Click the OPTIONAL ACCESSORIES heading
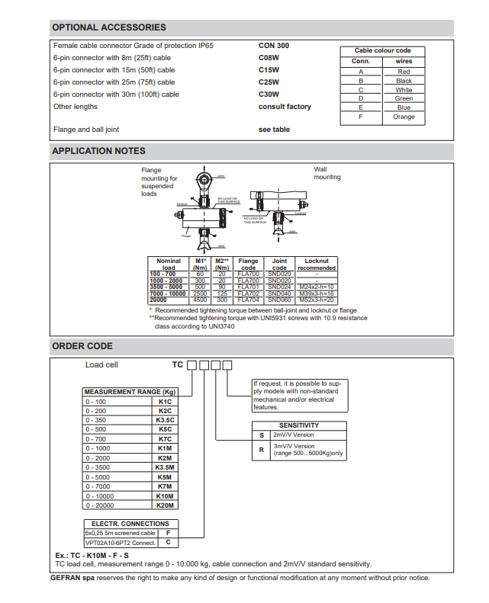(108, 27)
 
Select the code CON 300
(274, 46)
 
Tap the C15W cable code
(269, 70)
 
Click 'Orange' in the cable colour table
(404, 117)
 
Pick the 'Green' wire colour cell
(404, 98)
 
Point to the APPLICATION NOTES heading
(98, 151)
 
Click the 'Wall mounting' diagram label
(327, 173)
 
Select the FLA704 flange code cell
(249, 300)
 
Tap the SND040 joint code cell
(280, 293)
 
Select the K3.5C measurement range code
(166, 420)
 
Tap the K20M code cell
(166, 505)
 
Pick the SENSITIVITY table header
(299, 425)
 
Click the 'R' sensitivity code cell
(262, 450)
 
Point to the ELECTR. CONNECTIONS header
(130, 524)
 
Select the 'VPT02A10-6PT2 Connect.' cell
(120, 543)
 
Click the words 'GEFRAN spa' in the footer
(73, 578)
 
